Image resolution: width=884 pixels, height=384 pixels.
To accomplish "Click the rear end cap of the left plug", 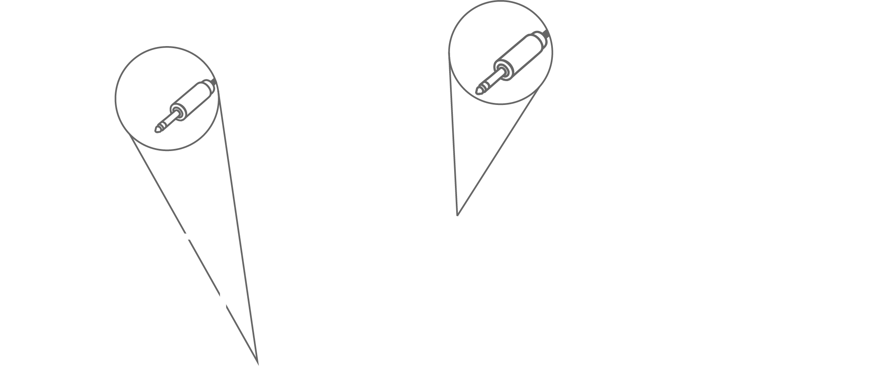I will (x=211, y=85).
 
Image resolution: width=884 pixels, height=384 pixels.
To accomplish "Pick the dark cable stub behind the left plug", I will (x=215, y=81).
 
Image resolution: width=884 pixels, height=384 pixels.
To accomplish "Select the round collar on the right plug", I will (x=502, y=70).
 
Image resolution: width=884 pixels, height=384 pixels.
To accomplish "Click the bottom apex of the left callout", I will (x=258, y=364).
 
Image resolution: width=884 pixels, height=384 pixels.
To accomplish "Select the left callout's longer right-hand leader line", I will (x=238, y=226).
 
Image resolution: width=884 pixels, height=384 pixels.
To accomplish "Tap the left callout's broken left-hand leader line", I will (x=160, y=189).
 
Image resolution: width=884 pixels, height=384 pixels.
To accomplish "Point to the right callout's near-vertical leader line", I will (x=453, y=136).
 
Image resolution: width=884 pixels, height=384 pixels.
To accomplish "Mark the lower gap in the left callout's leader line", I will (x=223, y=300).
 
